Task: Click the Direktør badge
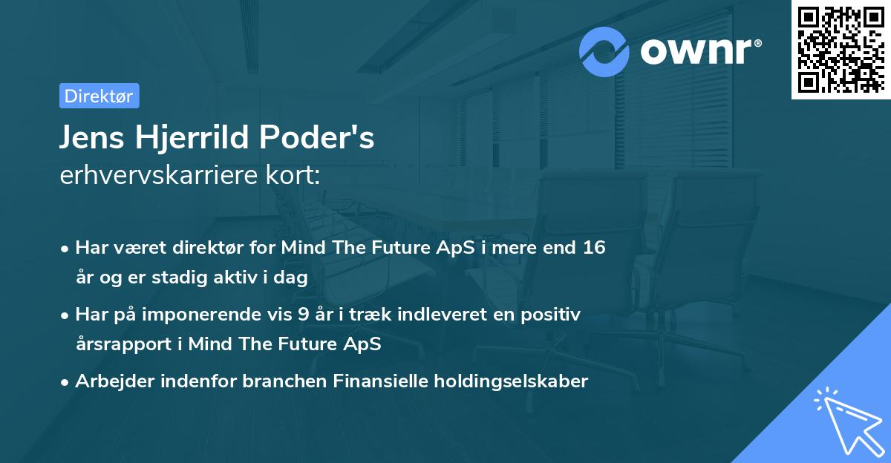[99, 96]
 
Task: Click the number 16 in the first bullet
[594, 248]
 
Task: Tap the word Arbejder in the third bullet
[108, 381]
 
